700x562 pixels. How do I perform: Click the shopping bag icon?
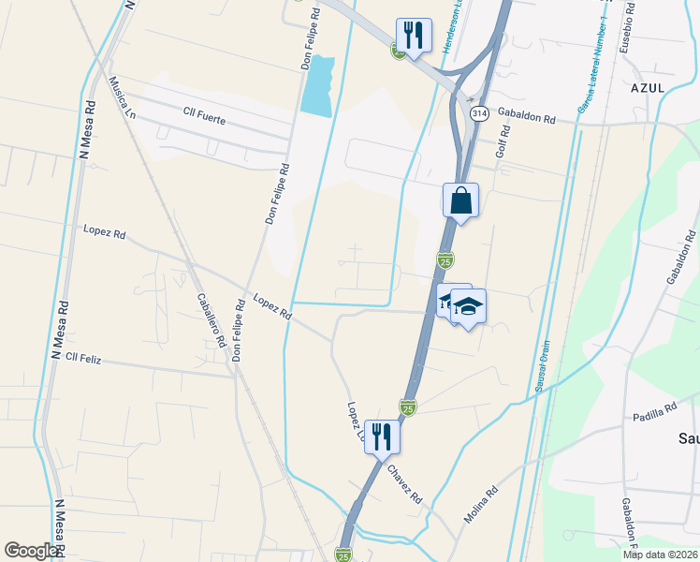point(460,200)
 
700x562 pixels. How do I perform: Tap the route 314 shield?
point(478,113)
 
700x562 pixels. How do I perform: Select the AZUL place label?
point(648,87)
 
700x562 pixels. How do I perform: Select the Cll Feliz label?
point(83,358)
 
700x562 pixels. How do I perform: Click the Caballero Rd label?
point(211,320)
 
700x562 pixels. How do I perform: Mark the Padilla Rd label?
point(654,413)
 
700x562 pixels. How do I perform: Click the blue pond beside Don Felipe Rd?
point(318,85)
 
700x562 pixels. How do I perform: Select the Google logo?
point(31,551)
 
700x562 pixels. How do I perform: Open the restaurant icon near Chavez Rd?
point(383,436)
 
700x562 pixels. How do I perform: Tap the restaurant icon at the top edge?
point(414,36)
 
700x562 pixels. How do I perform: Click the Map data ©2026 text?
point(660,555)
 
